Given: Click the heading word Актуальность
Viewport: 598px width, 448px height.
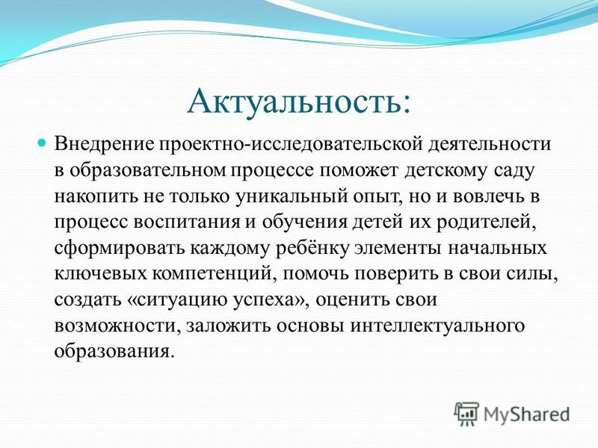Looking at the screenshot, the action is pyautogui.click(x=295, y=102).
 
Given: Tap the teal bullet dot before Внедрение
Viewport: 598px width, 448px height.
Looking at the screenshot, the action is pyautogui.click(x=42, y=144).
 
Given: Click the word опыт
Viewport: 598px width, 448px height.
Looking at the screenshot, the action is pyautogui.click(x=378, y=197).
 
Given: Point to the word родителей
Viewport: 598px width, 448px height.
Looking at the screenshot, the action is pyautogui.click(x=487, y=223).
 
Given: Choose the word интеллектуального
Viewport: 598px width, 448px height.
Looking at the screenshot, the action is pyautogui.click(x=437, y=326).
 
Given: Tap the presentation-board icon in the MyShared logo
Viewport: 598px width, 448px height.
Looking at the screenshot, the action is pyautogui.click(x=466, y=414).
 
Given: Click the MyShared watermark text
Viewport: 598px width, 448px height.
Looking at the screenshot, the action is pyautogui.click(x=526, y=415).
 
